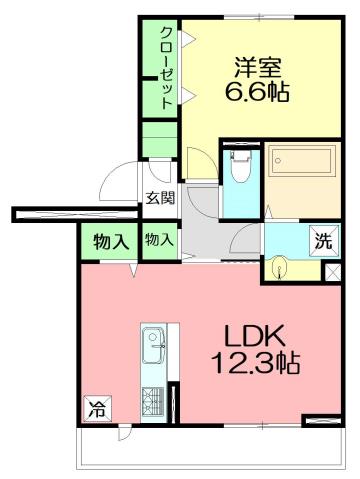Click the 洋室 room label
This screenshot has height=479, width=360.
[257, 69]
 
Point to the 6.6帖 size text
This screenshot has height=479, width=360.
[257, 96]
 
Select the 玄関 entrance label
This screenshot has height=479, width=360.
[160, 197]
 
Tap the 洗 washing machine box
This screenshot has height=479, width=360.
[323, 240]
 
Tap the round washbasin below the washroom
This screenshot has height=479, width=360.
[279, 267]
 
